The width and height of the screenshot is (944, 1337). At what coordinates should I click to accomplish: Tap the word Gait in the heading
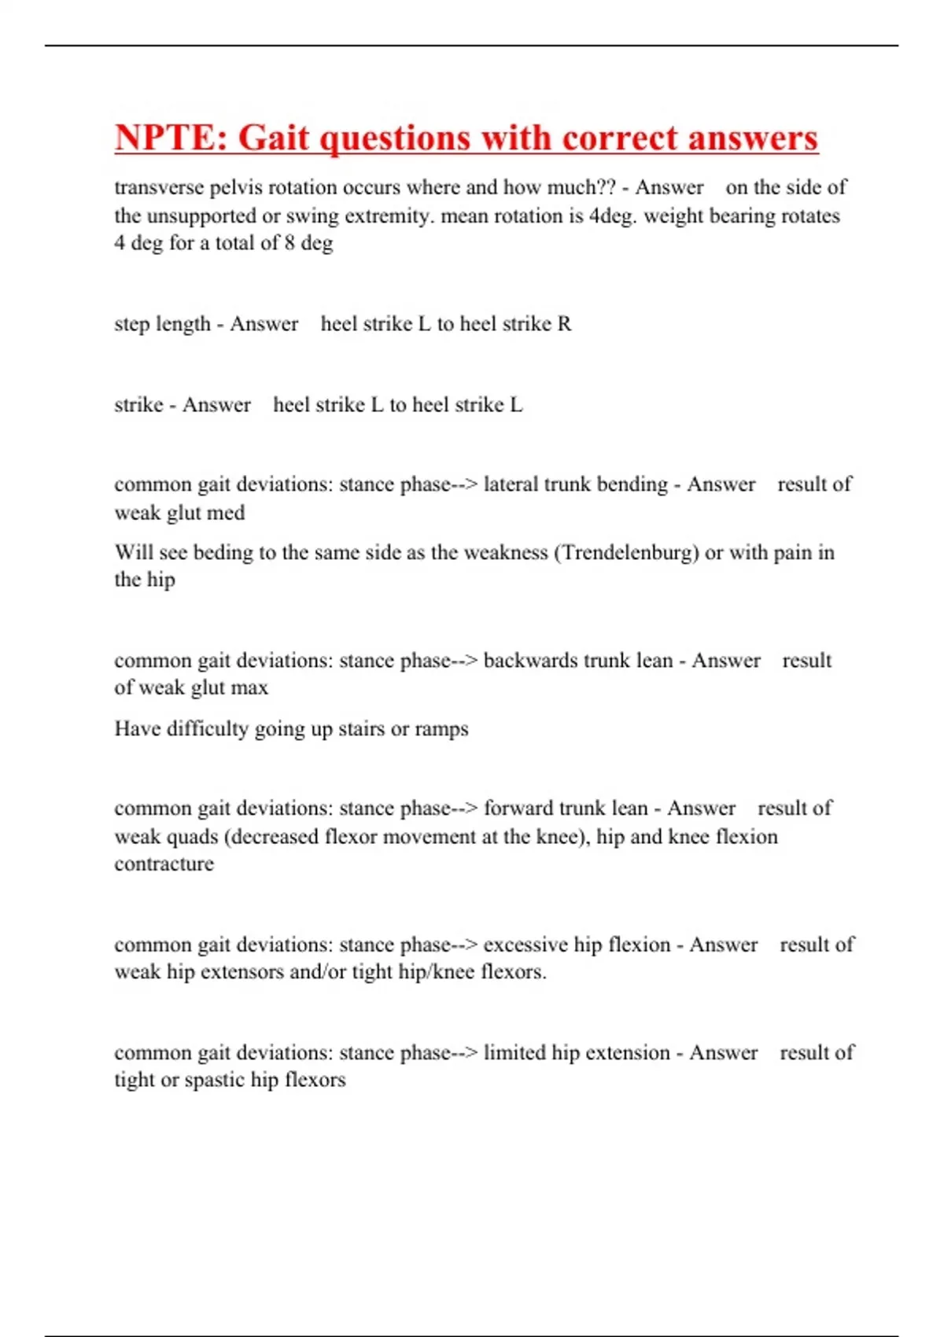tap(274, 138)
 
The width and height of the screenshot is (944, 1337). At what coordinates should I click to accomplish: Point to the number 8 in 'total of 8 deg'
tap(289, 243)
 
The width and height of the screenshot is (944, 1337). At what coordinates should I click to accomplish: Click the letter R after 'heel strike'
tap(564, 324)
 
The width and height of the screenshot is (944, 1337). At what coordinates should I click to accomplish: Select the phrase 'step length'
tap(162, 324)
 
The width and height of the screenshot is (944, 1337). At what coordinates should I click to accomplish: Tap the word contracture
tap(164, 864)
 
